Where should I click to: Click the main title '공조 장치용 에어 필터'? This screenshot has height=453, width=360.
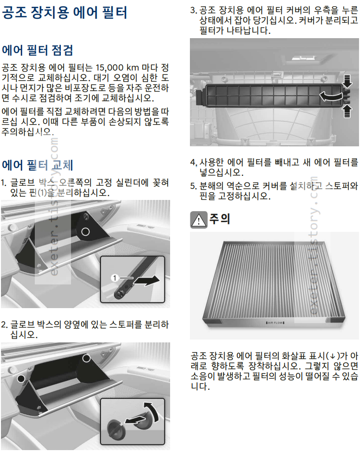click(64, 13)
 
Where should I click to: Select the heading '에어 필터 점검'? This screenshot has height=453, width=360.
click(37, 50)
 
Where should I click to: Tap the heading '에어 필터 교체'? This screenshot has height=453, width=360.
click(37, 165)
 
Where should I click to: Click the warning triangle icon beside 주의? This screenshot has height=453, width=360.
click(199, 220)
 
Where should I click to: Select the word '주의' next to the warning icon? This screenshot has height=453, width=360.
click(220, 219)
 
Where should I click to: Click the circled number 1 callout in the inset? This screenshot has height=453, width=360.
click(115, 278)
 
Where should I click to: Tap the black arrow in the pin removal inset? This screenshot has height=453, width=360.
click(146, 281)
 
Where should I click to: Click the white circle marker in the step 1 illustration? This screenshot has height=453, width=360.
click(86, 232)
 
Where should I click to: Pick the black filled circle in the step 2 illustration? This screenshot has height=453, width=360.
click(21, 379)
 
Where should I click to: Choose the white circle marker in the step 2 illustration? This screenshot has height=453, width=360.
click(86, 358)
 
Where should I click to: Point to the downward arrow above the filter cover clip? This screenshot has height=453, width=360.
click(347, 81)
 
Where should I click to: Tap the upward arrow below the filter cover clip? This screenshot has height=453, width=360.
click(347, 111)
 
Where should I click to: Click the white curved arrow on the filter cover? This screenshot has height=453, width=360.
click(331, 96)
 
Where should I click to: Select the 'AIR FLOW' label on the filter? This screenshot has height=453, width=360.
click(275, 323)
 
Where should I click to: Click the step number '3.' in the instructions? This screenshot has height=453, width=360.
click(194, 11)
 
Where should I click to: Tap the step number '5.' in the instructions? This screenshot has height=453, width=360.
click(194, 186)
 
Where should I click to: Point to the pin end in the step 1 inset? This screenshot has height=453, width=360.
click(120, 294)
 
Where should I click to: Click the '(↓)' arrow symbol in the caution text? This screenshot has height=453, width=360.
click(332, 355)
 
